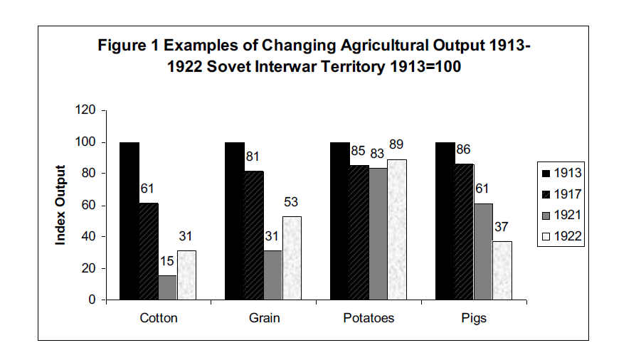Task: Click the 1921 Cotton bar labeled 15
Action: [x=167, y=287]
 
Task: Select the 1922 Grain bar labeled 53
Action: [x=292, y=258]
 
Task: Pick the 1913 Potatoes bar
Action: [x=339, y=221]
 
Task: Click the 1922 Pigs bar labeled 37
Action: [x=502, y=270]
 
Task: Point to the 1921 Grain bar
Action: [x=272, y=275]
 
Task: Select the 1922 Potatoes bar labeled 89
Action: [x=397, y=229]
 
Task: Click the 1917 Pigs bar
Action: [x=464, y=232]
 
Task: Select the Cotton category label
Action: [x=158, y=318]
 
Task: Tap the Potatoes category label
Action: [x=369, y=318]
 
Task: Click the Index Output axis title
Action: [x=61, y=205]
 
